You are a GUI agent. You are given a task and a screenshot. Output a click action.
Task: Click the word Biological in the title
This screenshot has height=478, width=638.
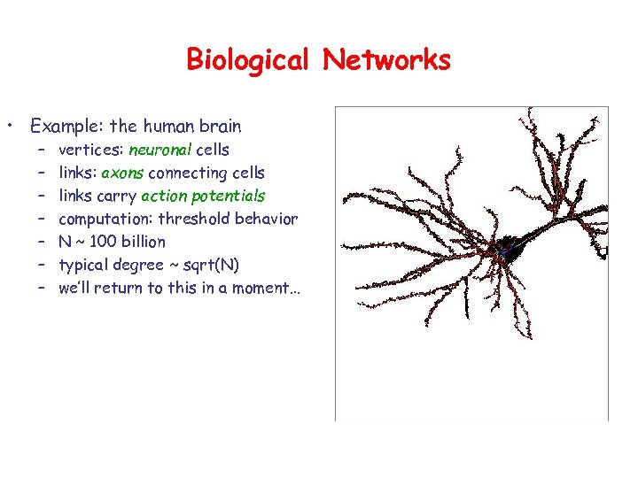(x=247, y=60)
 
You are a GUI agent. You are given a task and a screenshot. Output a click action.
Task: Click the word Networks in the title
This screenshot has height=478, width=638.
(x=386, y=60)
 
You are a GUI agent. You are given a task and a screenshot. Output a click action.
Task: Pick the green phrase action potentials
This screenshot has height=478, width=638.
(x=203, y=196)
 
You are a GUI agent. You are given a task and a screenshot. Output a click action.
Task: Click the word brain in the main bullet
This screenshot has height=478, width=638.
(x=220, y=126)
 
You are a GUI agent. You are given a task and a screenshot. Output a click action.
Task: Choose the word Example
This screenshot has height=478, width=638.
(x=65, y=126)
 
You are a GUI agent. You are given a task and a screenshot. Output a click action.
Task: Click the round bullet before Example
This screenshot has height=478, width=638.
(x=11, y=126)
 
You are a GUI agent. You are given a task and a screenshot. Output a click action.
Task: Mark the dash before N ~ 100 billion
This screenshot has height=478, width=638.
(x=42, y=242)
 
